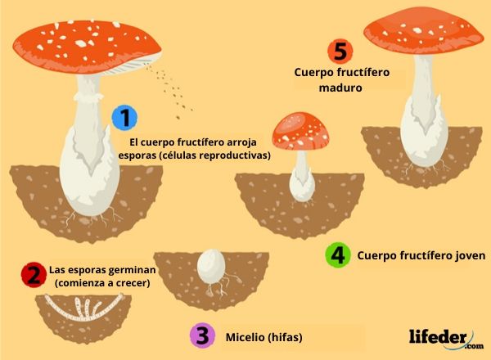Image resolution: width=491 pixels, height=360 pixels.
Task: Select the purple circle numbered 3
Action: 201,336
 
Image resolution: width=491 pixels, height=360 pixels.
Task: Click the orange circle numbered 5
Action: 339,51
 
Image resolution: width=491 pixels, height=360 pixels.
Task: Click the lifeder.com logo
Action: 443,337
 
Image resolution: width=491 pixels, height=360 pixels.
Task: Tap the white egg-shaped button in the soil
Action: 210,266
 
